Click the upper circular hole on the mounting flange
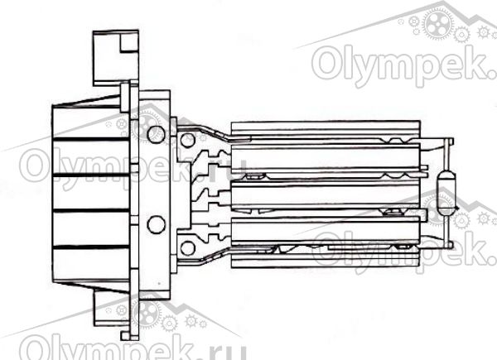coord(156,134)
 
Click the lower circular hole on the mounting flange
coord(156,224)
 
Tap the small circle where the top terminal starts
coord(188,140)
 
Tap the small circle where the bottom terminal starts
coord(188,248)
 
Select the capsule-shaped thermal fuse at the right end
coord(446,190)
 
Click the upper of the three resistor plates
coord(326,158)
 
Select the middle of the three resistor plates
coord(326,194)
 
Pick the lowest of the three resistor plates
coord(326,231)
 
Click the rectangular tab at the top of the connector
coord(116,58)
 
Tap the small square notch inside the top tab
coord(129,42)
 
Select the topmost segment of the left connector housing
coord(91,122)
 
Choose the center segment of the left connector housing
coord(91,193)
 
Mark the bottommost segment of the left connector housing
coord(91,264)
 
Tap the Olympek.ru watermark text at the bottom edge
coord(133,348)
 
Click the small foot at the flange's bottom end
coord(126,336)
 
